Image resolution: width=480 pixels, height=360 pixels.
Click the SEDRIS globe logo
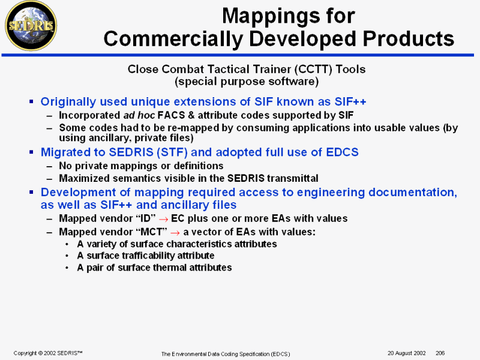pyautogui.click(x=31, y=25)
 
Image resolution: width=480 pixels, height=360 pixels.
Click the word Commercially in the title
pyautogui.click(x=173, y=39)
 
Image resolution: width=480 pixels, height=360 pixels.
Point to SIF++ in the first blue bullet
pyautogui.click(x=350, y=101)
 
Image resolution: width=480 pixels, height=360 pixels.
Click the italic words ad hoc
pyautogui.click(x=139, y=115)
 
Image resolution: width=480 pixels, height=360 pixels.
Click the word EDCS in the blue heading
pyautogui.click(x=342, y=152)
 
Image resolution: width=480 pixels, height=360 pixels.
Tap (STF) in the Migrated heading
pyautogui.click(x=172, y=152)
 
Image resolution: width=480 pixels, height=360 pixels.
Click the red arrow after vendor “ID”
pyautogui.click(x=163, y=220)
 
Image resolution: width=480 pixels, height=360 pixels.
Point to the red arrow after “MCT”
pyautogui.click(x=175, y=233)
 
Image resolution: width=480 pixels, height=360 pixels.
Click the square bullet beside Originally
pyautogui.click(x=31, y=101)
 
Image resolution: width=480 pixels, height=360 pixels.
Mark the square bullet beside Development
pyautogui.click(x=31, y=192)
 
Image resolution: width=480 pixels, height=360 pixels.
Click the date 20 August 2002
pyautogui.click(x=407, y=353)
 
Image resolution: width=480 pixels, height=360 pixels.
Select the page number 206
pyautogui.click(x=440, y=353)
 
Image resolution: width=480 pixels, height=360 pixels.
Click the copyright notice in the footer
pyautogui.click(x=48, y=353)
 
